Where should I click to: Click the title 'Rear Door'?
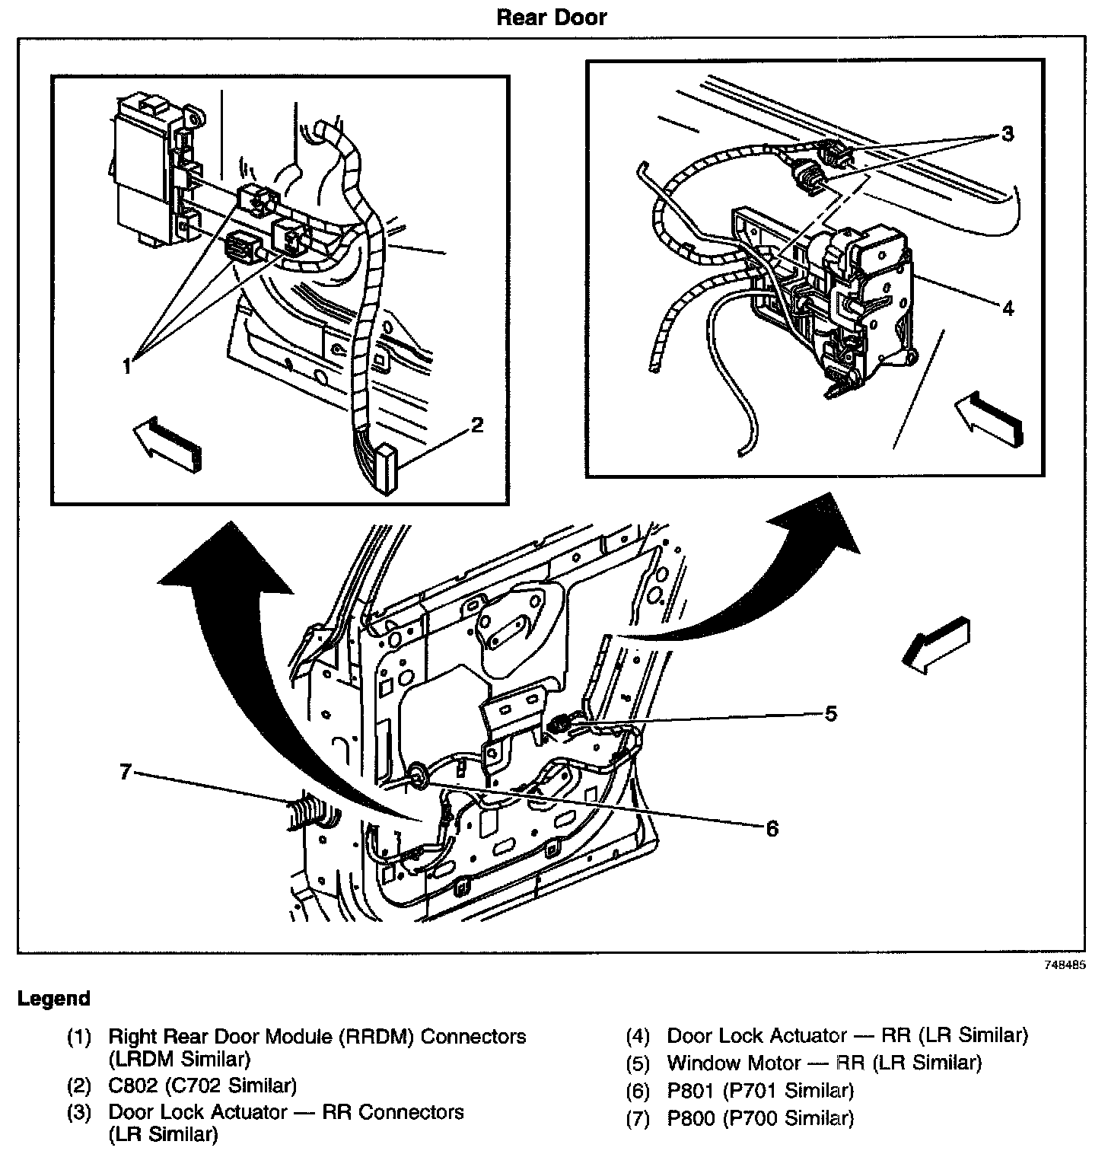552,18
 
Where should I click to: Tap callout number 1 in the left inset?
128,365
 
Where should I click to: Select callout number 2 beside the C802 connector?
477,425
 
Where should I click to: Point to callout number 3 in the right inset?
1008,135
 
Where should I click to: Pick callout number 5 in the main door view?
831,713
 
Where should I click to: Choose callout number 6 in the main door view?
772,827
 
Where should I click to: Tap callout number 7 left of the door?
126,773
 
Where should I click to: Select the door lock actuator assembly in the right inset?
852,304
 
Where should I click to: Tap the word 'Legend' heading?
54,999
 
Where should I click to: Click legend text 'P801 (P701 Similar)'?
760,1091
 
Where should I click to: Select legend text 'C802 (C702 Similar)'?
202,1085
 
